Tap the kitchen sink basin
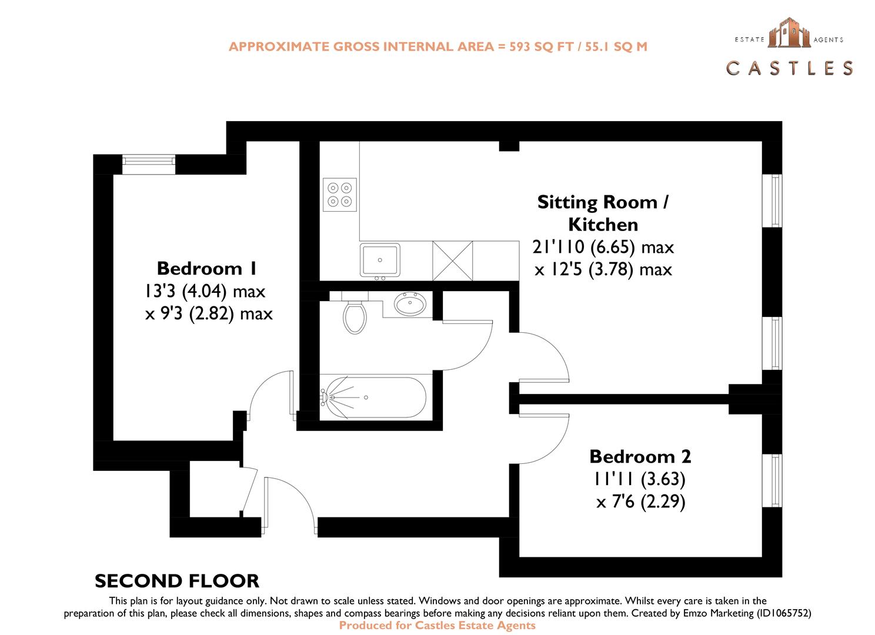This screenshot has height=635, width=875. tap(380, 259)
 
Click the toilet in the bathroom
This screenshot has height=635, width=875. tap(355, 316)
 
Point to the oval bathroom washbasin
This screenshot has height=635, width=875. tap(410, 305)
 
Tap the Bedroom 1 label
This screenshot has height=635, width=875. tap(206, 269)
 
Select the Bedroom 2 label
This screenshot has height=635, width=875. tap(640, 456)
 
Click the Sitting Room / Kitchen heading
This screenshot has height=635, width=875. tap(603, 213)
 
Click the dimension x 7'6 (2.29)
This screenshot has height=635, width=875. tap(640, 503)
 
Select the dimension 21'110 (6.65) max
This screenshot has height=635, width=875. tap(603, 247)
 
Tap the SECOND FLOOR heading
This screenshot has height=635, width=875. tap(177, 581)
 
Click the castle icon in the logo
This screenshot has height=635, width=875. tap(788, 32)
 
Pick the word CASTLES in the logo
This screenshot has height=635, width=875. tap(790, 68)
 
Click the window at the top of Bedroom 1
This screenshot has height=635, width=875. tap(149, 164)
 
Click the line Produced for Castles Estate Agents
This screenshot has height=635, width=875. tap(437, 625)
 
